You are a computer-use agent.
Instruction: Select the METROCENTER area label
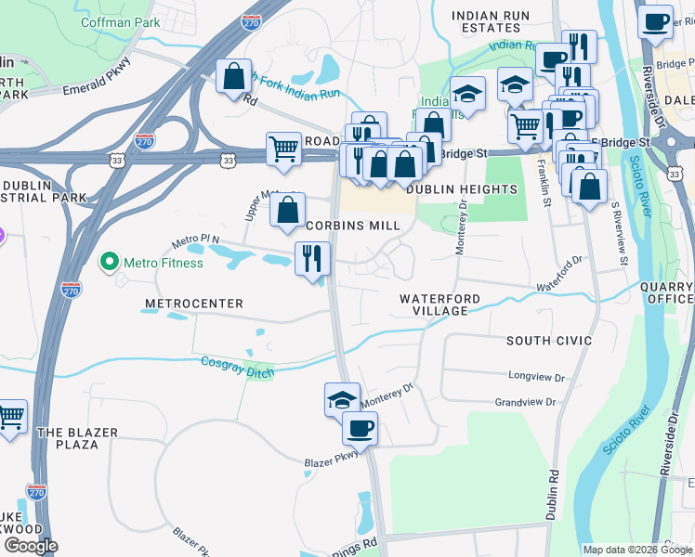(x=194, y=304)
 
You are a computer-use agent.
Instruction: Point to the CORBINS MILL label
(x=353, y=226)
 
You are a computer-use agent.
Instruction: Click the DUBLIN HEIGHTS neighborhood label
(x=462, y=189)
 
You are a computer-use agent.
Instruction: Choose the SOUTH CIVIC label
(x=548, y=341)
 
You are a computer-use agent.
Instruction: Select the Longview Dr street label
(x=536, y=377)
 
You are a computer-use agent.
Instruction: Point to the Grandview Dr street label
(x=525, y=402)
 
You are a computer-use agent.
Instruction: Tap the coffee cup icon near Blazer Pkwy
(x=360, y=428)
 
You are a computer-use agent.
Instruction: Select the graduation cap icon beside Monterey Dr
(x=341, y=399)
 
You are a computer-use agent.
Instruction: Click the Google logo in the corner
(x=31, y=546)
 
